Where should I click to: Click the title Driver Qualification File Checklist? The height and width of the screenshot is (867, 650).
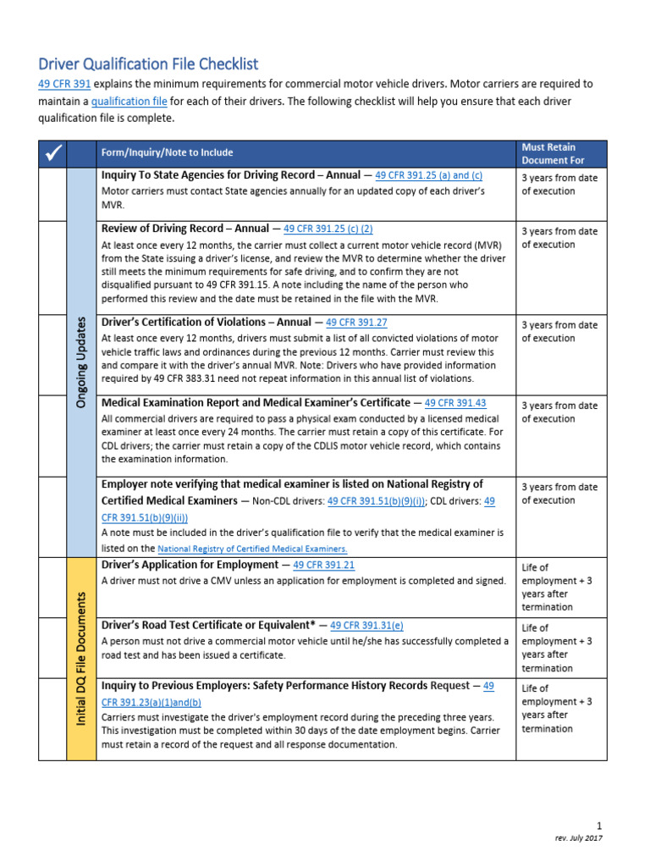(x=148, y=64)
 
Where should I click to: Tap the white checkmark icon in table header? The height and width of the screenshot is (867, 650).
(x=52, y=153)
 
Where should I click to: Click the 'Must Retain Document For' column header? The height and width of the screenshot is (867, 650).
(x=553, y=153)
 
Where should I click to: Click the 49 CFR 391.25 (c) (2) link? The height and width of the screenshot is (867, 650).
(x=328, y=229)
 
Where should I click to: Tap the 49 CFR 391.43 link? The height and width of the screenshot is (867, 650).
(x=455, y=404)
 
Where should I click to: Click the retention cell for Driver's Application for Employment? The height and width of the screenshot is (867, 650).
(x=559, y=587)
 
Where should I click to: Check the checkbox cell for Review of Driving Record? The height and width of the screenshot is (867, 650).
(x=52, y=268)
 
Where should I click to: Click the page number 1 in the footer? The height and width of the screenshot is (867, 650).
(x=599, y=826)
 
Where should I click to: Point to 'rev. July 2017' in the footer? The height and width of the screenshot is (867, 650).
(x=579, y=838)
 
